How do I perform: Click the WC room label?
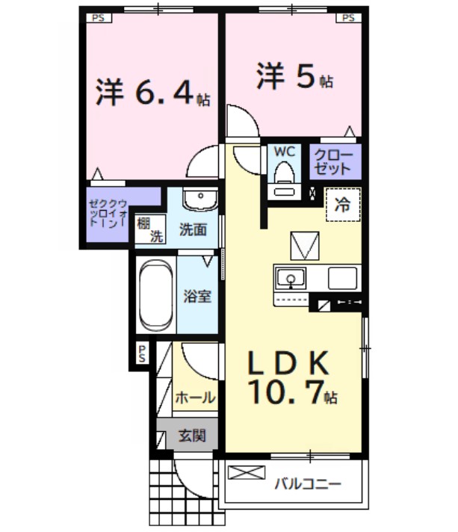(285, 151)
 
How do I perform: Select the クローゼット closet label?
(331, 161)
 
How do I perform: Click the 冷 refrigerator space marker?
(342, 202)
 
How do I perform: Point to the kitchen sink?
(291, 279)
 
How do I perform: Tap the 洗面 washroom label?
(193, 229)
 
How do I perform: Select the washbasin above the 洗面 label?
(198, 199)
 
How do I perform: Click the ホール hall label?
(195, 398)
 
